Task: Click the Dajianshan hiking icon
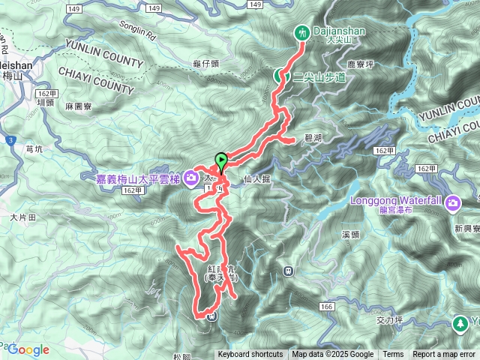(x=303, y=33)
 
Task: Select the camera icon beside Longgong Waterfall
(x=453, y=203)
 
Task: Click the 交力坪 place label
(x=389, y=319)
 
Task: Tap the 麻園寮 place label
(x=77, y=107)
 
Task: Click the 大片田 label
(x=22, y=216)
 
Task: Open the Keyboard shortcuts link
(x=250, y=355)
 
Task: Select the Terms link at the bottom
(x=393, y=355)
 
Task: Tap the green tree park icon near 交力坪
(x=460, y=323)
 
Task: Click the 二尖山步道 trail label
(x=319, y=76)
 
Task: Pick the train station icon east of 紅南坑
(x=288, y=271)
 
